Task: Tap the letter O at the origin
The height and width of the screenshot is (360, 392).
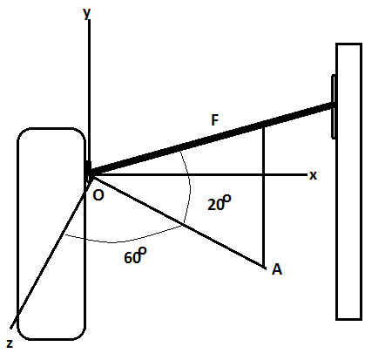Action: [98, 195]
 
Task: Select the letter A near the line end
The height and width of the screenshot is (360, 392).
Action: [277, 269]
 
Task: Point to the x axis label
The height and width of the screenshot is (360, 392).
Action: [313, 175]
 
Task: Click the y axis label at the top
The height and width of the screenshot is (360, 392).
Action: [87, 12]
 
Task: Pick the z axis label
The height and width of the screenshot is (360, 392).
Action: [10, 343]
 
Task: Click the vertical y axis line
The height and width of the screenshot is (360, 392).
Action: [88, 87]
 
